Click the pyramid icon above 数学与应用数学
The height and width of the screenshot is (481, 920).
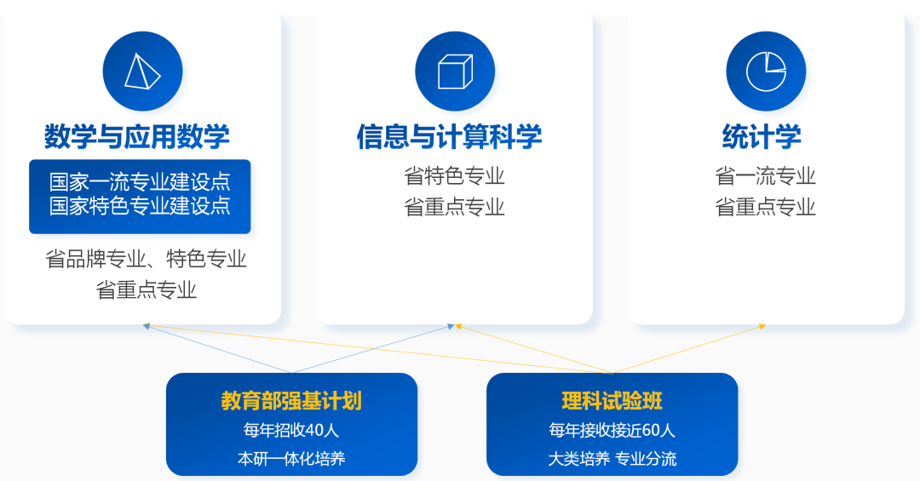(142, 72)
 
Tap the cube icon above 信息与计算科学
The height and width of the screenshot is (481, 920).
(455, 72)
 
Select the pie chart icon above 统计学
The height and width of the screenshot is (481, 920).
(766, 72)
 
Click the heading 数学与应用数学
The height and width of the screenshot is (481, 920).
(137, 136)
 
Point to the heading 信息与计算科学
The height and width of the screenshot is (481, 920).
(449, 136)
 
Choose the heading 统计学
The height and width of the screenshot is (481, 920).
(762, 136)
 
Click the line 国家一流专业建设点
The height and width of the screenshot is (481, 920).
(140, 182)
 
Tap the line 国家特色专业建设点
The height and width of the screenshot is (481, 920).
(140, 206)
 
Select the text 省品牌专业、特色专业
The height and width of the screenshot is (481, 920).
(146, 259)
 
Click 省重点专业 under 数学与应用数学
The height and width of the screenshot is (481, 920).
(147, 289)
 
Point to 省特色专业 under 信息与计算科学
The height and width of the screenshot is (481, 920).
(454, 176)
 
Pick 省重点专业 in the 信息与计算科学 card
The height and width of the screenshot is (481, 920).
(454, 207)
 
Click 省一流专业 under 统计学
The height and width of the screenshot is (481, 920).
(765, 176)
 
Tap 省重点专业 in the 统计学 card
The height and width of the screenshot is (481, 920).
(765, 207)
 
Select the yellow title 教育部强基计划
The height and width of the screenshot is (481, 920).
(291, 401)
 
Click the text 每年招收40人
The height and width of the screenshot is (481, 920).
(291, 430)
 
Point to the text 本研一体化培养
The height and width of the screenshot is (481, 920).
(291, 459)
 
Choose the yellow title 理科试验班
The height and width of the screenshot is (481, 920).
(612, 401)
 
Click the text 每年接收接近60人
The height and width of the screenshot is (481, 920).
(612, 430)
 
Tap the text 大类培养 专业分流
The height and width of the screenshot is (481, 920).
(612, 459)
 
